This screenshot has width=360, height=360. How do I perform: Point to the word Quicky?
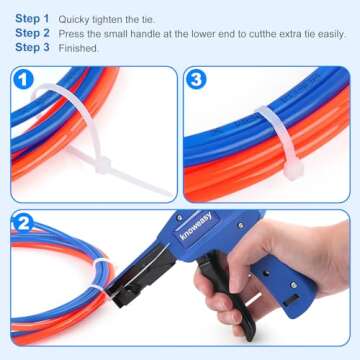click(75, 18)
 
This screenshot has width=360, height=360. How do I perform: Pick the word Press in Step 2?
click(72, 32)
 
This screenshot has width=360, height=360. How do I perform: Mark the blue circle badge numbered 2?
click(24, 224)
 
